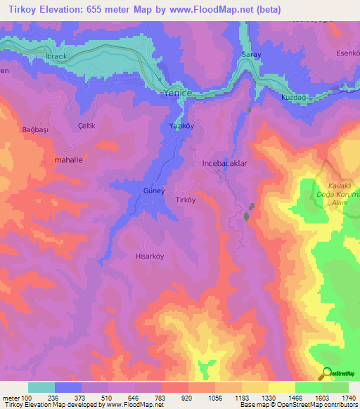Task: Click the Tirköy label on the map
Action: [186, 200]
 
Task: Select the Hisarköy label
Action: [149, 257]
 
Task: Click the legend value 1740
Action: [347, 398]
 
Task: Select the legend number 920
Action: [174, 398]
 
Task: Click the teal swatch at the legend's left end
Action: [41, 387]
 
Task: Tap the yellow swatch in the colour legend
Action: [281, 387]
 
